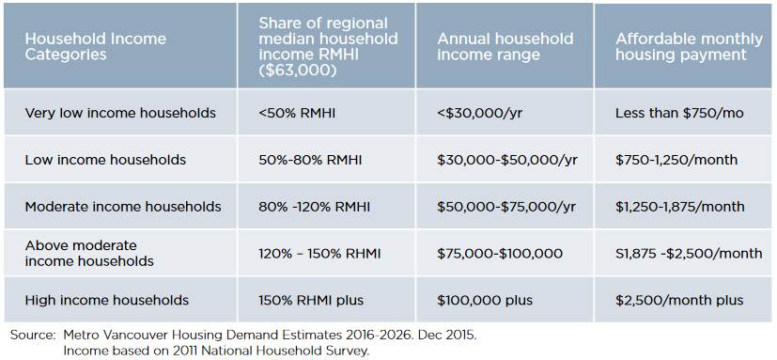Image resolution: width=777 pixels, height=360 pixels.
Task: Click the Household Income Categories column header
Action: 95,47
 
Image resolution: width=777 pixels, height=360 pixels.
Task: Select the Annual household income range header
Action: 505,47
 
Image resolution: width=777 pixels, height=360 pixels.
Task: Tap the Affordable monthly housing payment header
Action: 680,47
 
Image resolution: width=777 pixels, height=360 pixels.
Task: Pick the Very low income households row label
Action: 120,113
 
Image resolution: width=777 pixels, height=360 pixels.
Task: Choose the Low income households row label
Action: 105,160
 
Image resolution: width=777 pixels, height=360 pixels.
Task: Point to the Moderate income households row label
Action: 123,206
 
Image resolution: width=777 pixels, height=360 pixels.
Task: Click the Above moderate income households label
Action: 89,253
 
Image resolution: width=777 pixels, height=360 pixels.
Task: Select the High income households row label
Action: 107,300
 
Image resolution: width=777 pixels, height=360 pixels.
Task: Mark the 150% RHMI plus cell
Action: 310,300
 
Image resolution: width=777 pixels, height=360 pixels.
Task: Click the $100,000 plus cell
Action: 485,300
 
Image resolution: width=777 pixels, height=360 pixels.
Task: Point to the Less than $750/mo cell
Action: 679,113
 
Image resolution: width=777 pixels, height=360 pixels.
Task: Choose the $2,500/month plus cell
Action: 679,300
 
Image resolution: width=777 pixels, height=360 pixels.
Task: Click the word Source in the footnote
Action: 33,335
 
